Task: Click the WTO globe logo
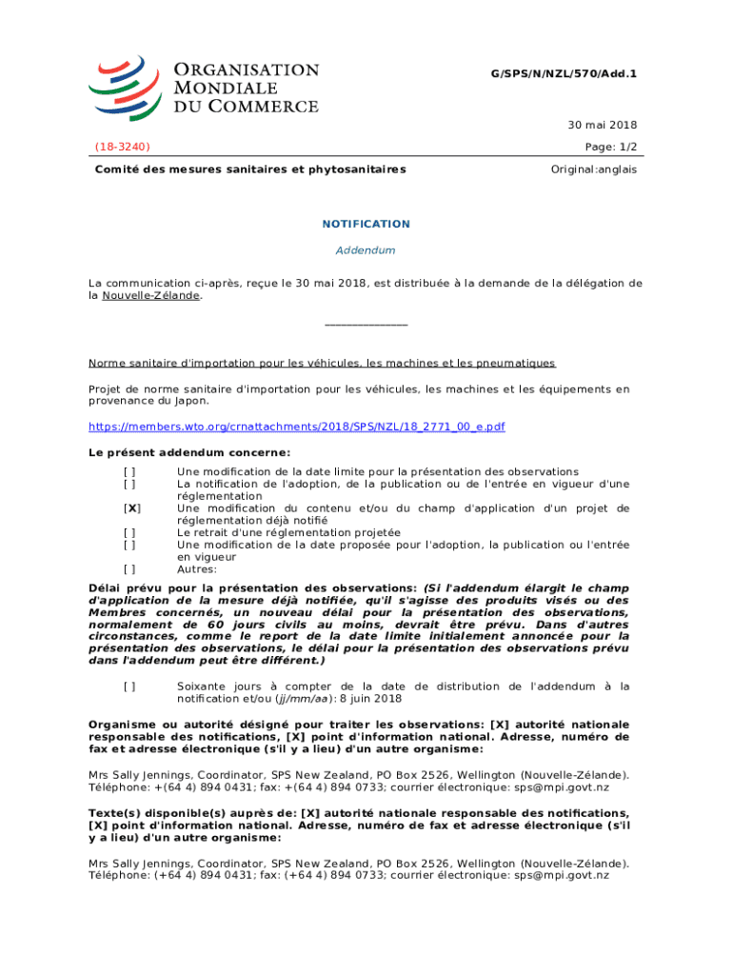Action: [x=123, y=86]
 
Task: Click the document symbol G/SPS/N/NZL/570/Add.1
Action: [x=564, y=72]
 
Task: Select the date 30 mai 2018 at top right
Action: [x=604, y=125]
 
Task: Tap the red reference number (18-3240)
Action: [x=123, y=147]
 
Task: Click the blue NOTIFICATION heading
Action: [x=366, y=224]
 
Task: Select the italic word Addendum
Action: [x=366, y=250]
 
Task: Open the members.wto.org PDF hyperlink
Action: [x=296, y=427]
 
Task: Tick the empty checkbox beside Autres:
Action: [x=129, y=569]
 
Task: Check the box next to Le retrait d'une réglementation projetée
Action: [x=129, y=532]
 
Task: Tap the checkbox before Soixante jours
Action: [x=129, y=686]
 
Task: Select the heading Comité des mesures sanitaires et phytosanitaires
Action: [x=249, y=169]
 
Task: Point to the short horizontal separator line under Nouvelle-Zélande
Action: [x=366, y=326]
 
